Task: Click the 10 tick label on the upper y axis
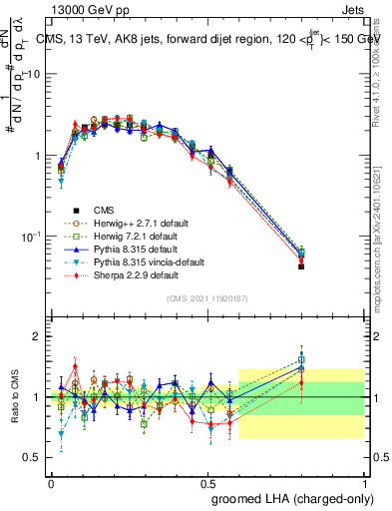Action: coord(34,75)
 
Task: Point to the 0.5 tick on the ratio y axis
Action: coord(33,457)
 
